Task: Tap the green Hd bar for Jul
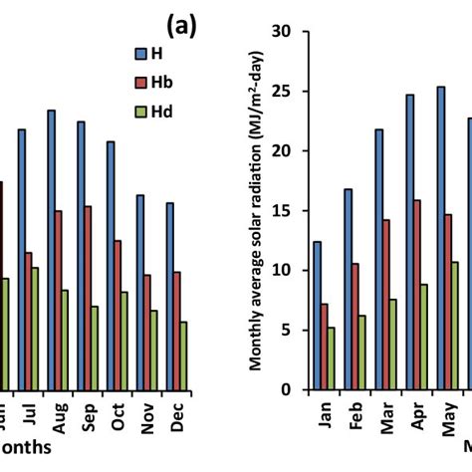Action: point(35,328)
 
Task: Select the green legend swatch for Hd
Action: point(141,112)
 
